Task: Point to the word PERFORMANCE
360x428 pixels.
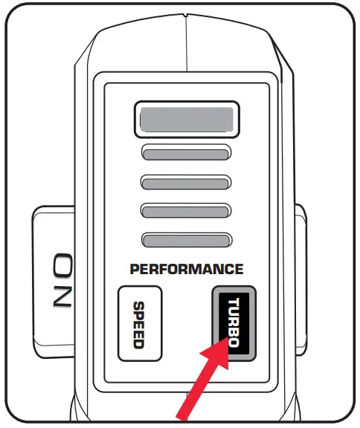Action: [x=186, y=269]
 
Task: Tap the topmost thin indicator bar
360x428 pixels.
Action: [x=186, y=154]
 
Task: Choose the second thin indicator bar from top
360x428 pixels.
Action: [x=186, y=182]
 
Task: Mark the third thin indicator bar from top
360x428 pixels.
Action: [x=186, y=211]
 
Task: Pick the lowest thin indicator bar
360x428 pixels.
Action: [x=186, y=239]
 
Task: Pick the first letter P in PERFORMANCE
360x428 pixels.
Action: [x=135, y=269]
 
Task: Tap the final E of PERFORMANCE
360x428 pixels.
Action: [x=238, y=269]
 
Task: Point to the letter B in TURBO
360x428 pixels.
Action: [x=234, y=331]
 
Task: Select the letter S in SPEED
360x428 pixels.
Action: [x=138, y=305]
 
